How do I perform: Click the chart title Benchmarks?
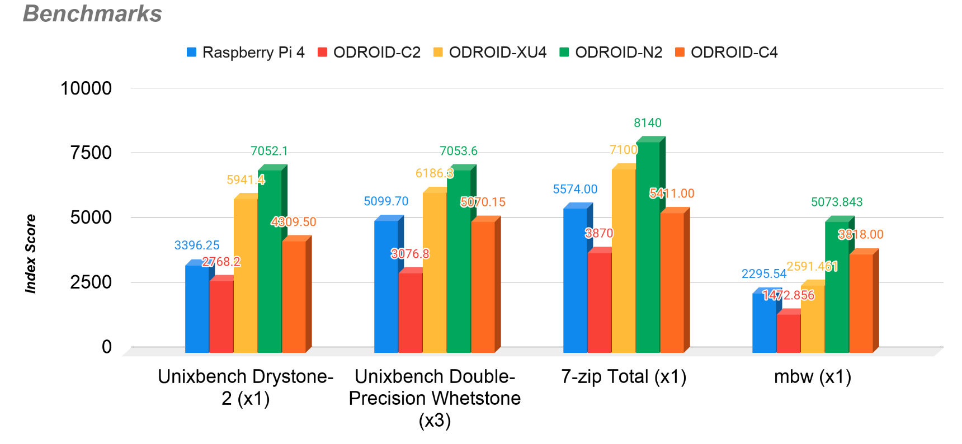(x=92, y=13)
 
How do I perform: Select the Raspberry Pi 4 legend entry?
(x=246, y=52)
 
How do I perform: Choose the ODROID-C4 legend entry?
(x=727, y=52)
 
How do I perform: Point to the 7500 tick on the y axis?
(x=91, y=153)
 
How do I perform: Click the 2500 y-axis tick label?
(x=91, y=282)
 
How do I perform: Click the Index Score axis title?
(x=31, y=253)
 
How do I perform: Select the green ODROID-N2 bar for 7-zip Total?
(x=648, y=246)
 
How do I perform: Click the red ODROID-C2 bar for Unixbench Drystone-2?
(x=221, y=316)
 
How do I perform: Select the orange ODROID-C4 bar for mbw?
(x=861, y=303)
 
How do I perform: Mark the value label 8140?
(x=648, y=123)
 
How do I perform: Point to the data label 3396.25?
(x=197, y=245)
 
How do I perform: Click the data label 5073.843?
(x=837, y=202)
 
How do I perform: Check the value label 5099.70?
(x=386, y=201)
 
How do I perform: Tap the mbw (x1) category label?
(x=813, y=377)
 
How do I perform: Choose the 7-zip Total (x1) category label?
(x=624, y=377)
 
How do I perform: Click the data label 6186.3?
(x=434, y=173)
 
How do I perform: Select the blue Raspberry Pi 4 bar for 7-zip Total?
(x=575, y=280)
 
